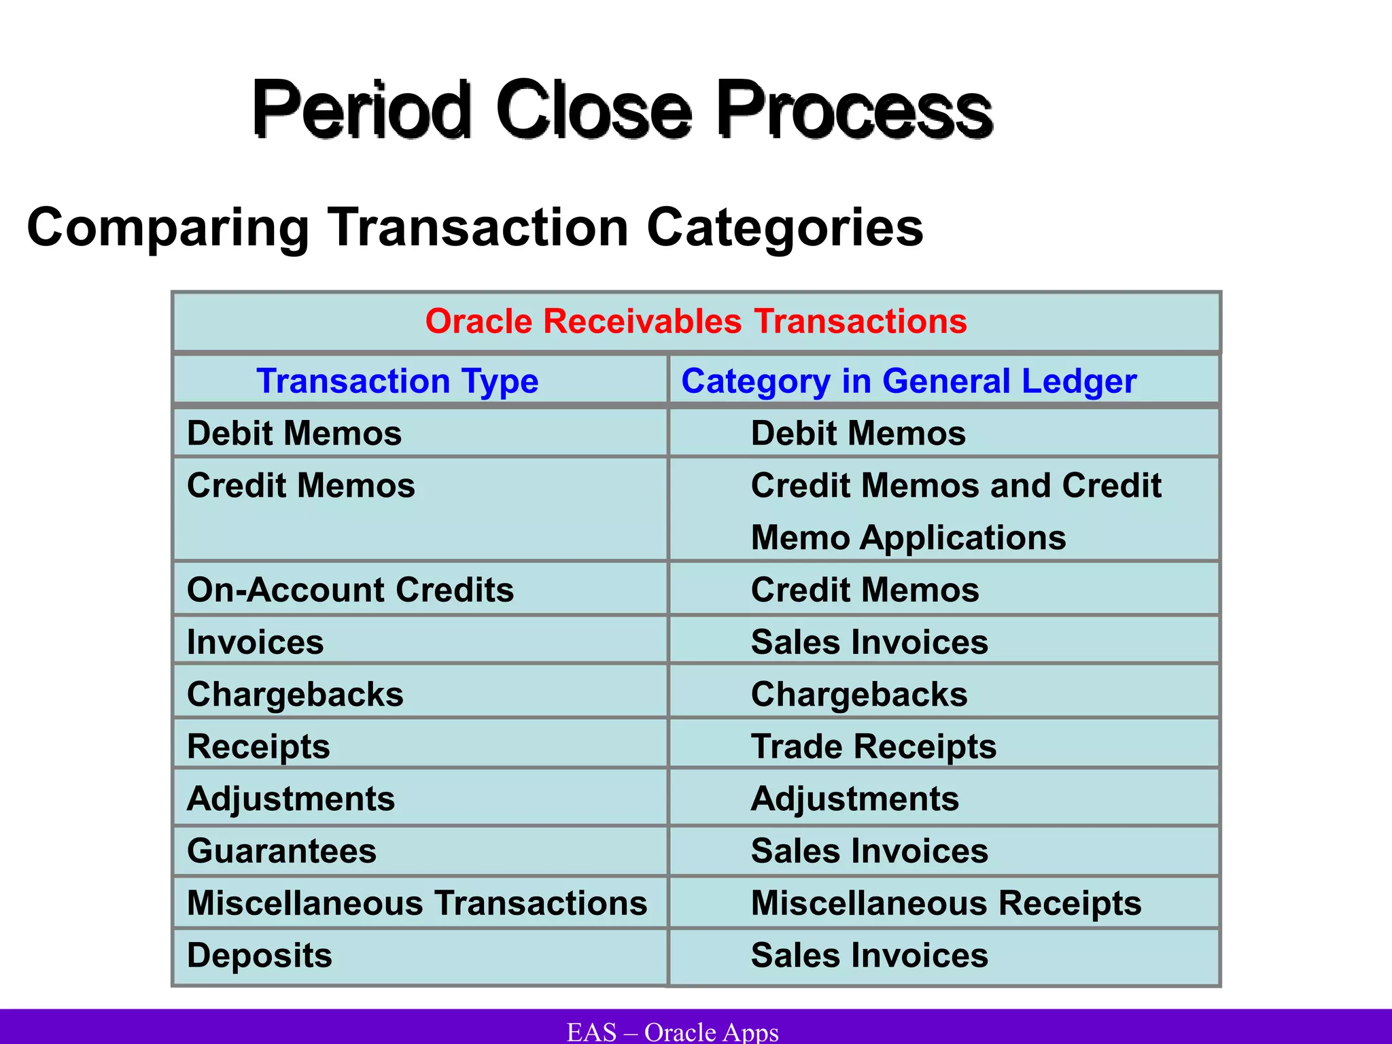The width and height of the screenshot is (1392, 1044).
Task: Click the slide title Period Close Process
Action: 622,109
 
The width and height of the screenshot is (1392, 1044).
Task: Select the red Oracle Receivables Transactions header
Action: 696,321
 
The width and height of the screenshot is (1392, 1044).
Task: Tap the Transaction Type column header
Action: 397,381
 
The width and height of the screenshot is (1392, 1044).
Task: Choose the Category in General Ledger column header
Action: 909,381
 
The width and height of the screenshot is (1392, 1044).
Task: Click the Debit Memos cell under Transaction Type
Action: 294,434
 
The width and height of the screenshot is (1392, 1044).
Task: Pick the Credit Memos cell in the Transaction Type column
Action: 301,486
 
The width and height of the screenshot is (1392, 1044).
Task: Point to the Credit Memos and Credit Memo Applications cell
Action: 956,511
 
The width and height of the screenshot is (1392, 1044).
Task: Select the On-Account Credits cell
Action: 350,590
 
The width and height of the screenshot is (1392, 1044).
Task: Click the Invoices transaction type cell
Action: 256,642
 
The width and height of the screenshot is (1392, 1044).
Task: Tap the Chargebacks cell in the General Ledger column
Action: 859,695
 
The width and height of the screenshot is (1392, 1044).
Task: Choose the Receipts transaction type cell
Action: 258,746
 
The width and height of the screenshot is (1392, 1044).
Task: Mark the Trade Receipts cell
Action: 873,746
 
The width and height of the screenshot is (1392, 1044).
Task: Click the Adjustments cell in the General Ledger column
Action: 855,799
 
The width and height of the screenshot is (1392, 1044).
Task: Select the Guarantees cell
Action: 281,851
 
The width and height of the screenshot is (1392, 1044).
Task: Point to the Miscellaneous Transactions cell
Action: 417,903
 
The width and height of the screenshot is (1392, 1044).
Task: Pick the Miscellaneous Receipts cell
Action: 946,903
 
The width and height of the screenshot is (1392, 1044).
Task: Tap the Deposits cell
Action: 260,956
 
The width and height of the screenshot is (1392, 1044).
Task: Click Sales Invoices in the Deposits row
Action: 869,956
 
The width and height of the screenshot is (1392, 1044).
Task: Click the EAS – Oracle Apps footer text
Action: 673,1032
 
